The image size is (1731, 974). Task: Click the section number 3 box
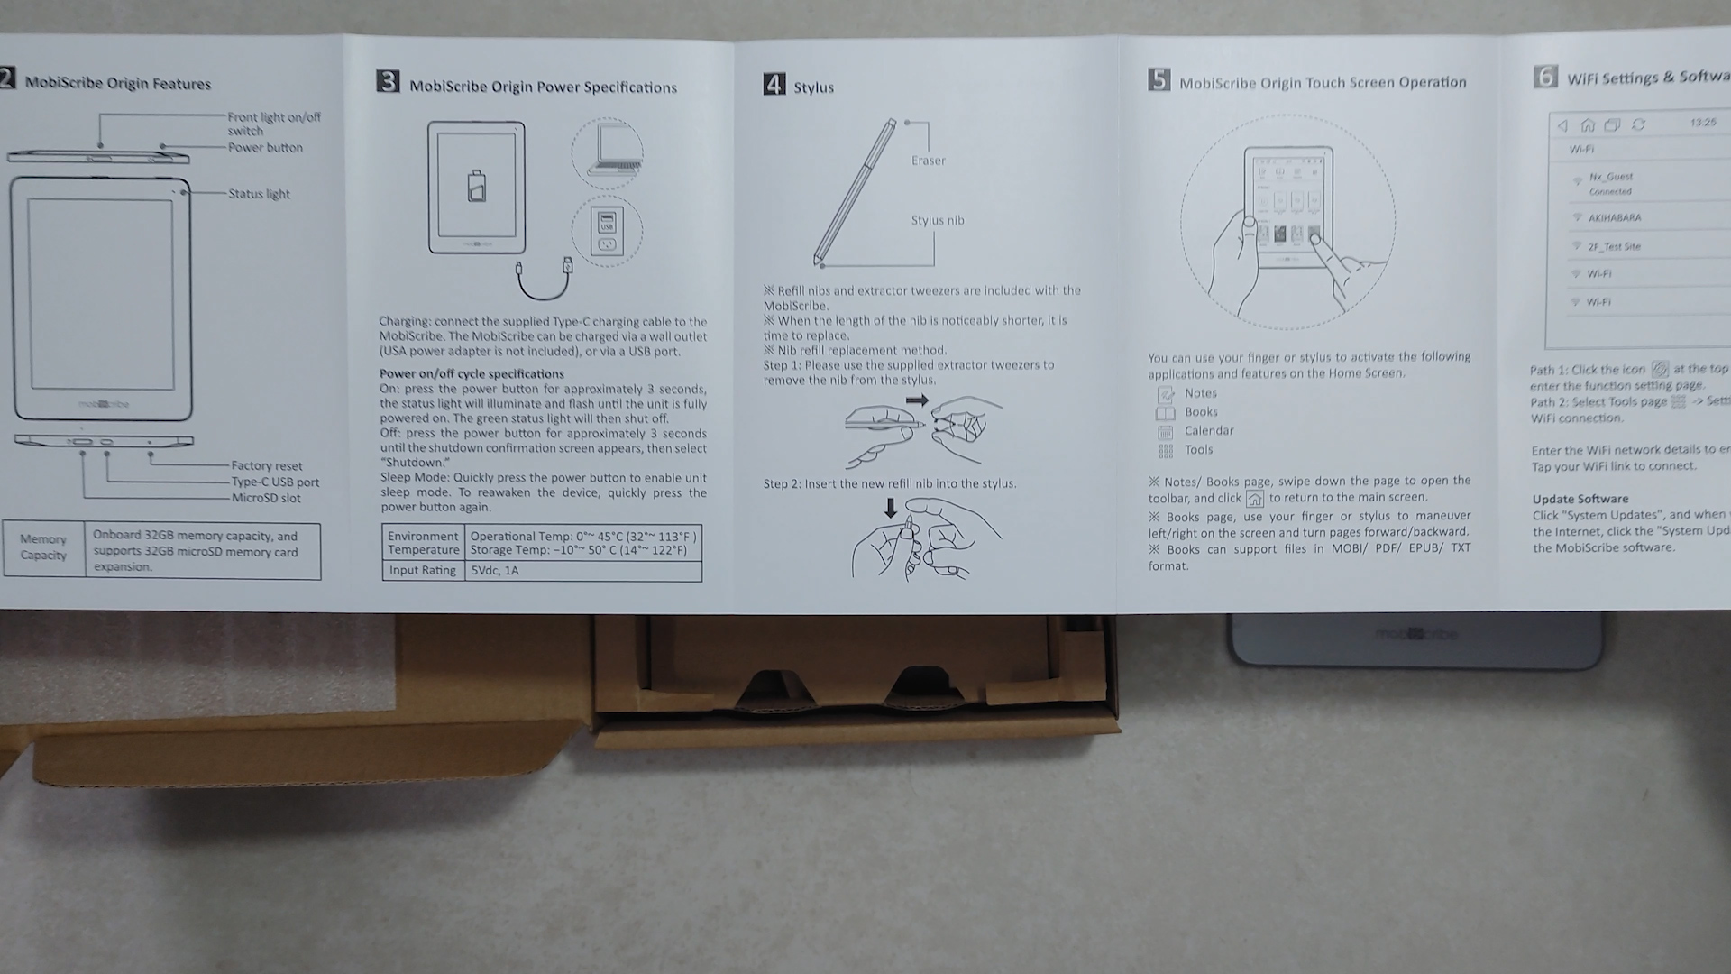[x=388, y=82]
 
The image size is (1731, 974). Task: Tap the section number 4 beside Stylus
[x=774, y=85]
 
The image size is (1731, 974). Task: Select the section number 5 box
[x=1159, y=80]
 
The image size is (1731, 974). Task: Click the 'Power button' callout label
[x=265, y=148]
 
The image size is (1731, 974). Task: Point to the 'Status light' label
[x=259, y=194]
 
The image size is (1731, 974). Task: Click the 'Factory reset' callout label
[x=266, y=466]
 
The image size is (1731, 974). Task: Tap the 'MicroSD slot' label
[x=266, y=498]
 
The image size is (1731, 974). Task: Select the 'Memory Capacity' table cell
[x=43, y=547]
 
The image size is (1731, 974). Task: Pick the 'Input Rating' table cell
[x=422, y=571]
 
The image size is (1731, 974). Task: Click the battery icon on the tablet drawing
[x=476, y=185]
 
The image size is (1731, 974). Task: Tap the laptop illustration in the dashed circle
[x=608, y=152]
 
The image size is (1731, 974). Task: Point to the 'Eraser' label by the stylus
[x=928, y=161]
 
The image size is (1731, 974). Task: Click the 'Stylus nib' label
[x=937, y=220]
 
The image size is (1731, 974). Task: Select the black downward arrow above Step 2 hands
[x=891, y=508]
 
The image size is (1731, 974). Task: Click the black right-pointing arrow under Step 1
[x=917, y=400]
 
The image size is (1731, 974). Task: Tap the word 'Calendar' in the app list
[x=1208, y=431]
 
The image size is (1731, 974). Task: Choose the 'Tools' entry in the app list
[x=1198, y=450]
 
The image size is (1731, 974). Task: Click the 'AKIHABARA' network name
[x=1614, y=218]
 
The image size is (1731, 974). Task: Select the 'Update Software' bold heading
[x=1580, y=499]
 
